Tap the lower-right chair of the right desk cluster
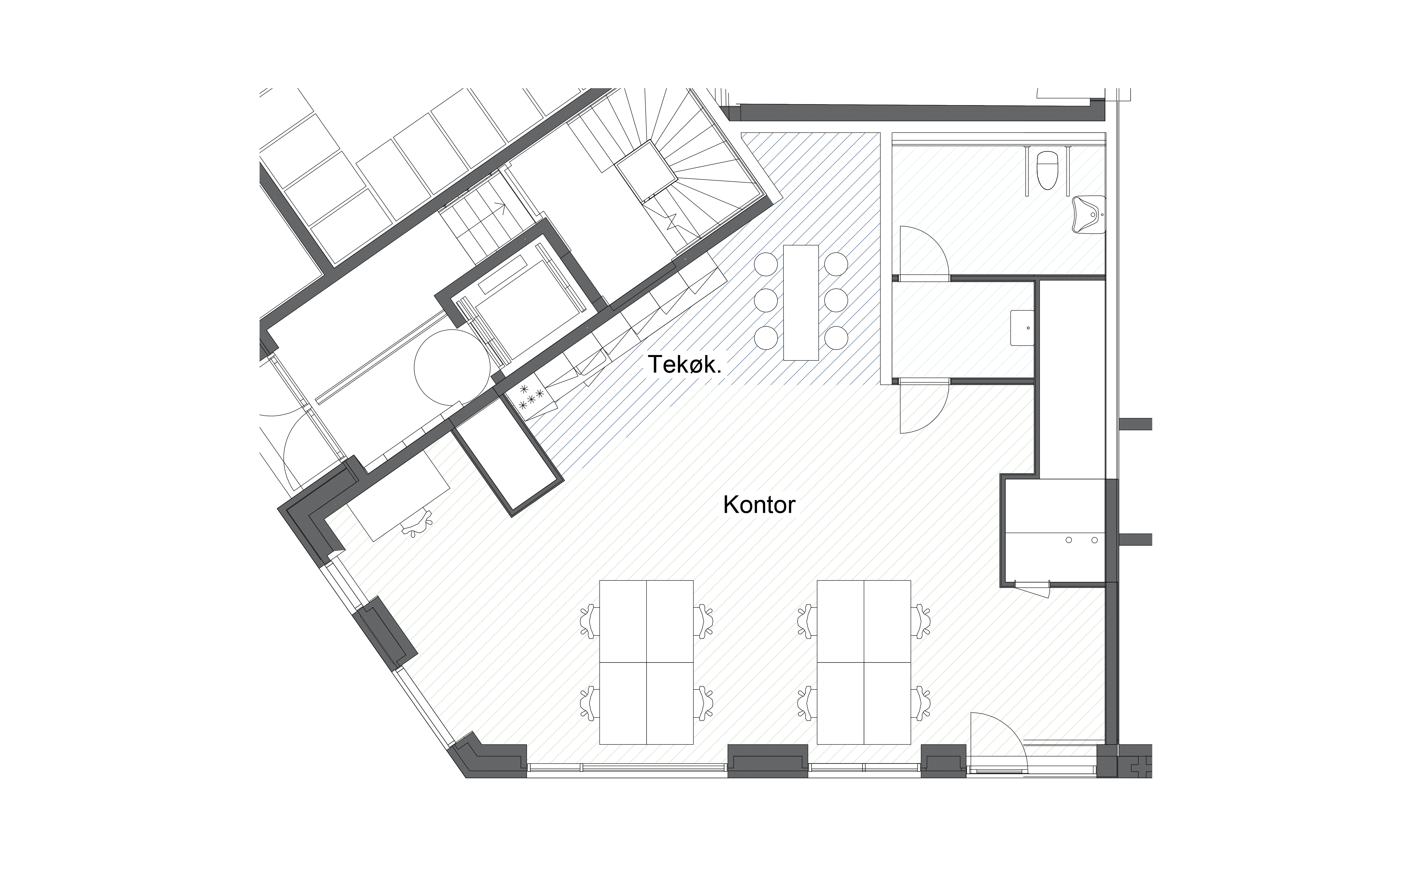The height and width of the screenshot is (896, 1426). coord(921,703)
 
